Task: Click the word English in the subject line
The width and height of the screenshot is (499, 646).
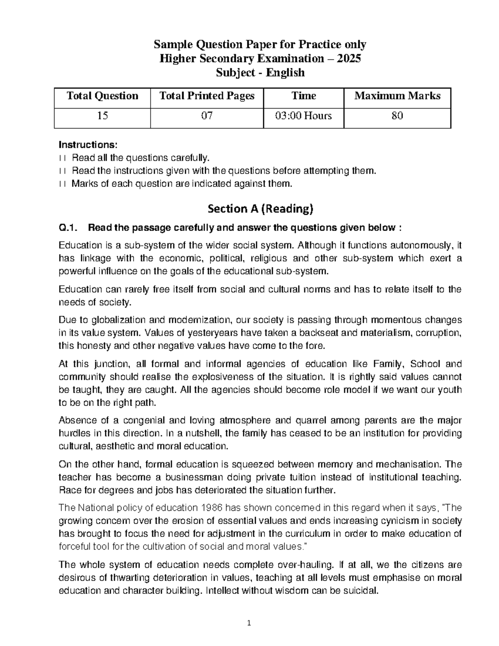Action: click(285, 72)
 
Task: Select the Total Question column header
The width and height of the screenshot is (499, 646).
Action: click(102, 96)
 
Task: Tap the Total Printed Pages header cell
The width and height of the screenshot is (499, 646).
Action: click(207, 96)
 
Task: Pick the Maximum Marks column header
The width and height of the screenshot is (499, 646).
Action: click(397, 96)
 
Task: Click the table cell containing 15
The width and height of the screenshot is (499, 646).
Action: click(102, 116)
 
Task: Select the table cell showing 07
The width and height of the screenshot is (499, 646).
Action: click(207, 116)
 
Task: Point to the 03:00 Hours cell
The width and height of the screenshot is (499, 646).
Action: click(304, 116)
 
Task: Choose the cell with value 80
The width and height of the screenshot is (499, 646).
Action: click(397, 116)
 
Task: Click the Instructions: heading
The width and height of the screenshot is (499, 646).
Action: click(88, 145)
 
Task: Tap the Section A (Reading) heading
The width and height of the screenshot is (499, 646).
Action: click(260, 209)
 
